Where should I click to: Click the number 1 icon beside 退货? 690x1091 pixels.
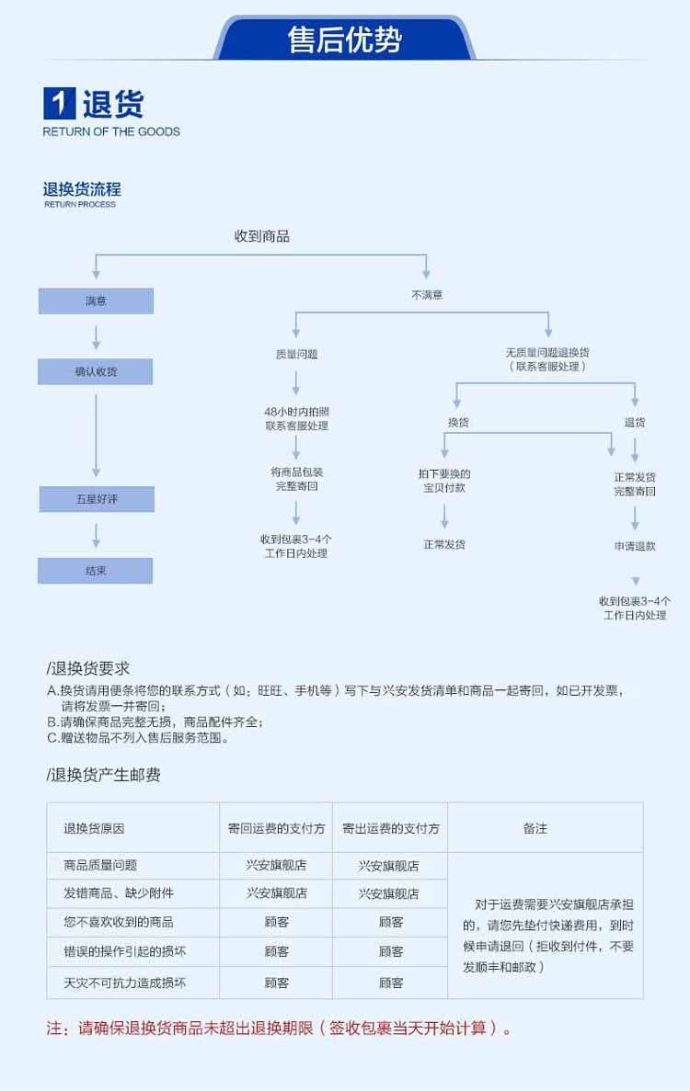pos(60,104)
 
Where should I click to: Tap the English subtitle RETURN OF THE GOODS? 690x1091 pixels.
pos(111,131)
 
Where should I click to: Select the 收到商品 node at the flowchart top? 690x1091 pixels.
pos(262,236)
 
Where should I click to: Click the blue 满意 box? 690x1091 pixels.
pos(96,301)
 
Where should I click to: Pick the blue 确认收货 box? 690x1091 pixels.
pos(96,371)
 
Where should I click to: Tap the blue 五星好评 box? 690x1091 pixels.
pos(96,499)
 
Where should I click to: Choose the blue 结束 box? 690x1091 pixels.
pos(96,570)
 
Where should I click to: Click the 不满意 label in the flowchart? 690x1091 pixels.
pos(426,295)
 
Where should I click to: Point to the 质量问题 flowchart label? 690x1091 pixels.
pos(296,353)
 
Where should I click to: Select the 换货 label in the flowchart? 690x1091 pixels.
pos(458,422)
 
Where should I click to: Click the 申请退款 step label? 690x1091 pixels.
pos(635,546)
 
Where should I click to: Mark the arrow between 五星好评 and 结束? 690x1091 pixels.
pos(96,535)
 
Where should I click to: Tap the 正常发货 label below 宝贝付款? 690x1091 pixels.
pos(444,544)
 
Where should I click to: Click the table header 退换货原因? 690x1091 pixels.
pos(94,828)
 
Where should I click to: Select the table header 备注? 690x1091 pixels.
pos(535,828)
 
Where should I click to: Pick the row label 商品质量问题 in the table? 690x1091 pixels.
pos(100,865)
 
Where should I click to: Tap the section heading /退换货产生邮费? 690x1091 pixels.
pos(104,775)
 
